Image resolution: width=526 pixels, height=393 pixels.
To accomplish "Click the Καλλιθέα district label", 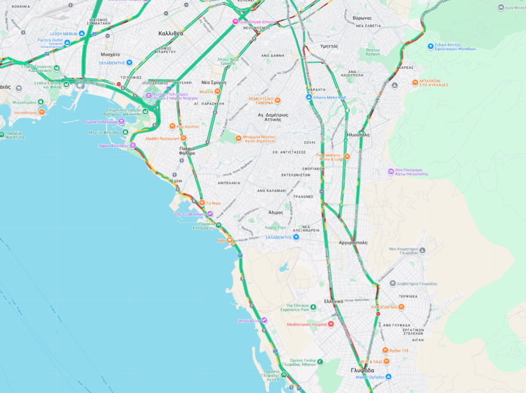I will tap(171, 33).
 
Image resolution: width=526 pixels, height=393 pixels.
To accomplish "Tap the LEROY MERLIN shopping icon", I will tap(82, 34).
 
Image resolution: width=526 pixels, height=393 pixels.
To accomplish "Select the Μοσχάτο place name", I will tap(109, 54).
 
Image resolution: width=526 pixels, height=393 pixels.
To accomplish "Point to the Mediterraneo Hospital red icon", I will tap(331, 324).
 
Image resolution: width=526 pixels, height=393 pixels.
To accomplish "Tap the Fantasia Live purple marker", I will tap(264, 321).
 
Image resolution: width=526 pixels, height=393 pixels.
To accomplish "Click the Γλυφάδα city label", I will tap(362, 370).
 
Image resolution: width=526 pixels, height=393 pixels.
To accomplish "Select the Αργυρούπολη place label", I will tap(353, 243).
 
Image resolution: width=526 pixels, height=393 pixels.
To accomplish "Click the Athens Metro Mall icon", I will tap(309, 97).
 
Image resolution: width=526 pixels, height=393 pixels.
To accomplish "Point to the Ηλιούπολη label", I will tap(358, 135).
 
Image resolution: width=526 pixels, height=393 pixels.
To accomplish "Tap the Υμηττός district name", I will tap(329, 46).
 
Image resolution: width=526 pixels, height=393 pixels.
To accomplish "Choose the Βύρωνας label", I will tap(362, 18).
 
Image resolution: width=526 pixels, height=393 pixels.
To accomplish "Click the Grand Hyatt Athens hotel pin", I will tap(236, 22).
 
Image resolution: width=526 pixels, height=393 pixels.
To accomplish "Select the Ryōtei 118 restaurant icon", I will tap(386, 351).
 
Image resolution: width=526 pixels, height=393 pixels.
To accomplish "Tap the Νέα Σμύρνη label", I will tap(213, 82).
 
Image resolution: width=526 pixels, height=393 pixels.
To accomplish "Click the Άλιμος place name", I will tap(276, 212).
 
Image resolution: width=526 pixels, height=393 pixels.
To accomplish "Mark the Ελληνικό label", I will tap(333, 301).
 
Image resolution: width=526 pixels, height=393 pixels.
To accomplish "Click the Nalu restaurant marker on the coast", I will tap(230, 240).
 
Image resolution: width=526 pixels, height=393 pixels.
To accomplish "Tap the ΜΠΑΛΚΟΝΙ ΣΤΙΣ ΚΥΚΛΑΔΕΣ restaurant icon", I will tap(415, 83).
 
